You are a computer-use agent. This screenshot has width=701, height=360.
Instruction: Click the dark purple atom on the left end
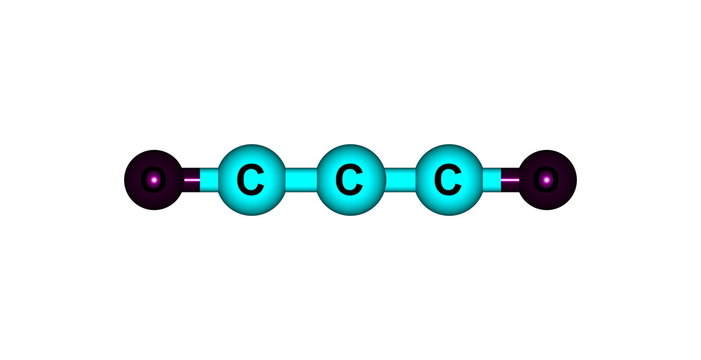tap(152, 181)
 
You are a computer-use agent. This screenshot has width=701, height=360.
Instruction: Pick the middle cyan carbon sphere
tap(348, 181)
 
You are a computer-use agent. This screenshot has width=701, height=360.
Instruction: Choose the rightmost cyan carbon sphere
tap(448, 181)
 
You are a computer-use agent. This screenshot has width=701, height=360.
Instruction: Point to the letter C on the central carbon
tap(348, 182)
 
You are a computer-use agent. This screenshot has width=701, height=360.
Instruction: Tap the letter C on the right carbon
tap(448, 182)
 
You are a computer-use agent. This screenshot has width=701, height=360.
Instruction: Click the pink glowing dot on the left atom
tap(154, 181)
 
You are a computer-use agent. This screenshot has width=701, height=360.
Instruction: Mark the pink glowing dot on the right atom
tap(546, 181)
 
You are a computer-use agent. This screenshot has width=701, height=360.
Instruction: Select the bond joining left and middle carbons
tap(298, 181)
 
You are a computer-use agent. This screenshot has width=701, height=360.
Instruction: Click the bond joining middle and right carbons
tap(398, 181)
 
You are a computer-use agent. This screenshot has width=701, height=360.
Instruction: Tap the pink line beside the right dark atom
tap(511, 181)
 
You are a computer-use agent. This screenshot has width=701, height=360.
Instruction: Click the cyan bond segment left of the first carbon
tap(209, 181)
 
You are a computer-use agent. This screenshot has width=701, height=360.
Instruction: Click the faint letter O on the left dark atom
tap(152, 181)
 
